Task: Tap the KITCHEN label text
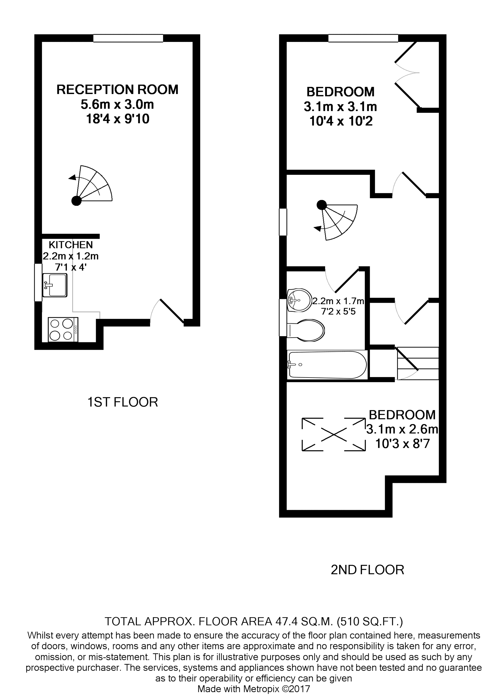click(71, 245)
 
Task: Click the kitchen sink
click(55, 285)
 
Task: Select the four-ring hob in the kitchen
click(63, 330)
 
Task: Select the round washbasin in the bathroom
click(299, 300)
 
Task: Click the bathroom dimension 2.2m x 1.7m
click(338, 301)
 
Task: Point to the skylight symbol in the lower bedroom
click(333, 435)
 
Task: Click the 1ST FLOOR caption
click(123, 402)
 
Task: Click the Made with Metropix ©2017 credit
click(254, 689)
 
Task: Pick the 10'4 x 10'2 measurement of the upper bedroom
click(341, 122)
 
